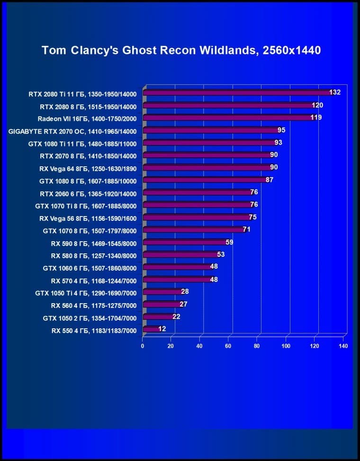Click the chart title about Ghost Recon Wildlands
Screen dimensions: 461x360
point(181,50)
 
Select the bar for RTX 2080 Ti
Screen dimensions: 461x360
point(237,93)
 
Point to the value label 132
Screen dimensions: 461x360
point(335,92)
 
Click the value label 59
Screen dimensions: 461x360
point(229,242)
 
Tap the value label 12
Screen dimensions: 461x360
point(162,329)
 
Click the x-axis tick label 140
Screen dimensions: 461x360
point(343,346)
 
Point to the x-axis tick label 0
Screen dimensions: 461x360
point(143,346)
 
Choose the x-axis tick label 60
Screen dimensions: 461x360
point(228,346)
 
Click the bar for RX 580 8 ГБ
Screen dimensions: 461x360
point(180,254)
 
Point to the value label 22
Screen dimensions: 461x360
point(176,316)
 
